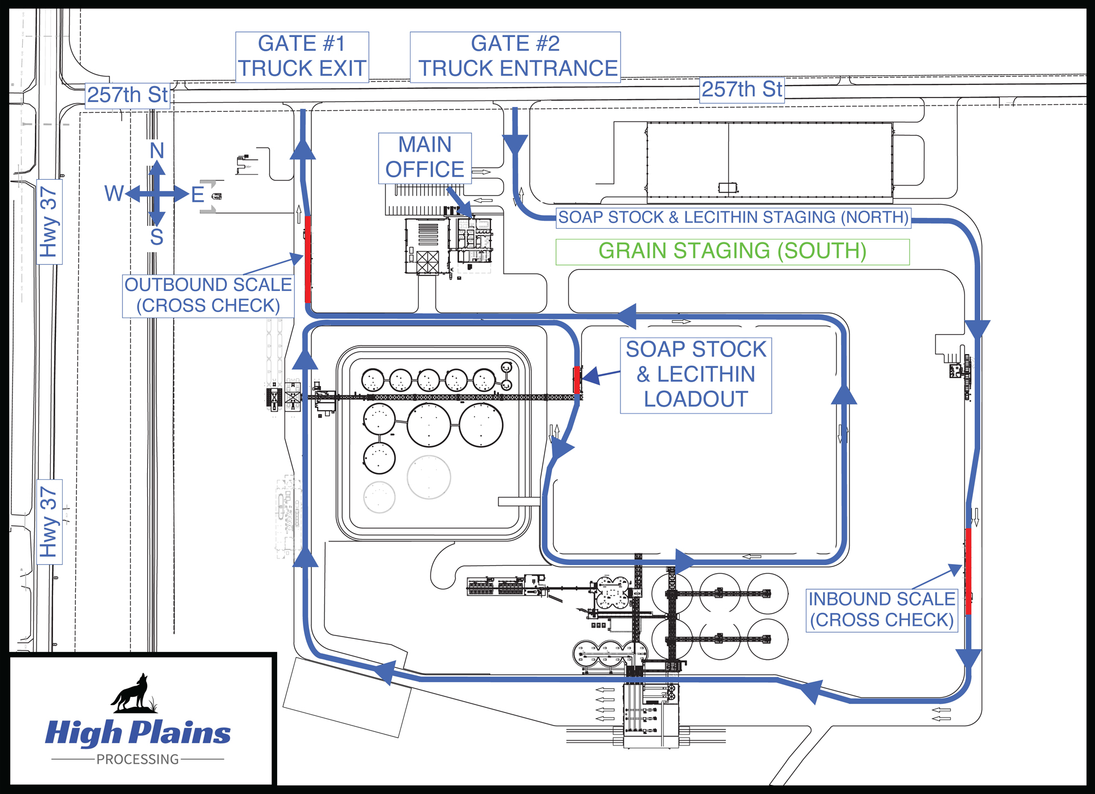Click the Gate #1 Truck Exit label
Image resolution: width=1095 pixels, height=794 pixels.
[x=302, y=56]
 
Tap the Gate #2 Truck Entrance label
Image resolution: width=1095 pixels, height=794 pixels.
[x=515, y=56]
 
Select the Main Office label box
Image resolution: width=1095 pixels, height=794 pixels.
[x=425, y=158]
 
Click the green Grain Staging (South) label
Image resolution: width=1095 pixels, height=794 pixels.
[x=732, y=252]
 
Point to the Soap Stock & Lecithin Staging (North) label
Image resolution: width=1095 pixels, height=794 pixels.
[x=733, y=217]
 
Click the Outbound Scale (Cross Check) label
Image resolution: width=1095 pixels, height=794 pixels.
[x=208, y=295]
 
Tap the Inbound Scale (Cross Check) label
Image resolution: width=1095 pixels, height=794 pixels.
[x=882, y=610]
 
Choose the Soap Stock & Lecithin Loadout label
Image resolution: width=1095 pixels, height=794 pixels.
[x=696, y=375]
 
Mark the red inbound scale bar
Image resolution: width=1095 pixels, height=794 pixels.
[x=968, y=570]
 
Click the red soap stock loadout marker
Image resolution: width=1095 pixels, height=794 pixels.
[x=577, y=379]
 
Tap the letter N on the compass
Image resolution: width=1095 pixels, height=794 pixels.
[x=157, y=151]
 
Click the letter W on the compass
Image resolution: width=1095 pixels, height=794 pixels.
[x=113, y=194]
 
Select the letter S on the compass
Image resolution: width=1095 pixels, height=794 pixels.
[x=157, y=237]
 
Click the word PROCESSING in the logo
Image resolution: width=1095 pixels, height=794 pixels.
[x=137, y=759]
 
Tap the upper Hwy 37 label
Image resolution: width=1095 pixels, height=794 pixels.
[x=49, y=221]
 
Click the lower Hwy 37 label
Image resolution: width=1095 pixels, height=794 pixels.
[x=49, y=521]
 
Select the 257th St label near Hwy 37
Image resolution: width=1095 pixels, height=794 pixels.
[x=128, y=95]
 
